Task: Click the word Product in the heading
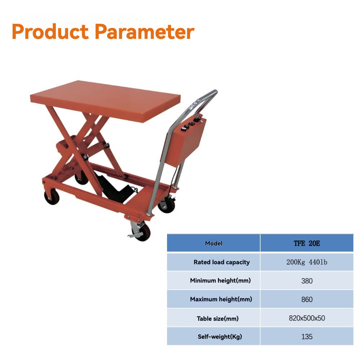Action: point(50,32)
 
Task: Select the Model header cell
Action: point(213,243)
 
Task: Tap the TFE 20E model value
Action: point(307,243)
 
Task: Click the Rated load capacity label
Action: point(221,262)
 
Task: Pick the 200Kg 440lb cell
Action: point(307,262)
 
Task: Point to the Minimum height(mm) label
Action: point(220,280)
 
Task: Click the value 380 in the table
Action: point(307,281)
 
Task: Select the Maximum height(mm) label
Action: point(221,299)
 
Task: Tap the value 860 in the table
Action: point(307,300)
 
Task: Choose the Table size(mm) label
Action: point(217,318)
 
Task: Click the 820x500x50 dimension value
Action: point(307,318)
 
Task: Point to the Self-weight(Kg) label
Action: point(220,337)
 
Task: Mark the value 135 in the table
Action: point(307,337)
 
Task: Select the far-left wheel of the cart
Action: point(51,197)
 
